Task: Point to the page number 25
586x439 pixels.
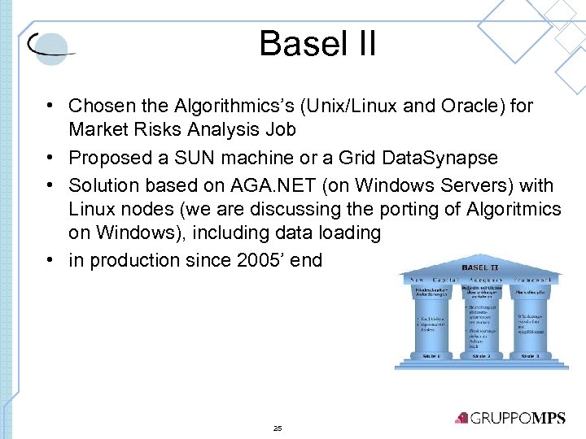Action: click(x=278, y=428)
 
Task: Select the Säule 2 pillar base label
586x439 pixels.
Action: click(x=482, y=355)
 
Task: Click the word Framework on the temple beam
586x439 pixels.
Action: click(x=533, y=279)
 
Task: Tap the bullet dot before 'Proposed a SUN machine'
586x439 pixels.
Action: click(x=50, y=158)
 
